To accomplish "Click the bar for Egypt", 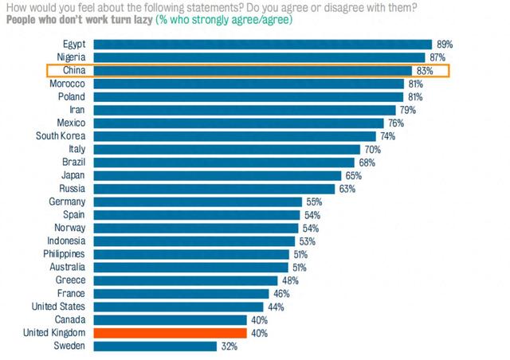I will click(x=262, y=45).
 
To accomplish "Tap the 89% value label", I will click(x=445, y=45).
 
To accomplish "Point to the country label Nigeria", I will click(x=70, y=58).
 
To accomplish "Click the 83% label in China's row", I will click(x=423, y=71).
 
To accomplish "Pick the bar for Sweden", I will click(x=155, y=346).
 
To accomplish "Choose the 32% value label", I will click(x=229, y=346).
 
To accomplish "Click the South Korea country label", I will click(x=61, y=136).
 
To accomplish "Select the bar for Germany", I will click(x=197, y=202).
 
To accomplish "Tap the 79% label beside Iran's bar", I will click(x=408, y=110).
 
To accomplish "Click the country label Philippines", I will click(x=62, y=254).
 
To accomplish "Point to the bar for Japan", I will click(x=217, y=175).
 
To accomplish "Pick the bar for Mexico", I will click(x=238, y=123).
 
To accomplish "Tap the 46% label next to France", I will click(x=280, y=294).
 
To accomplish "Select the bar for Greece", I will click(x=185, y=280).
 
